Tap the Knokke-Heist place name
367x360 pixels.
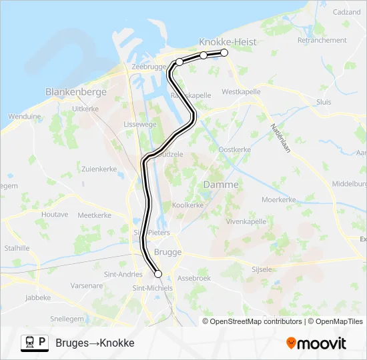tap(228, 41)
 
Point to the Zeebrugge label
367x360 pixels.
tap(148, 67)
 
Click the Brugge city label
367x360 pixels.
tap(167, 252)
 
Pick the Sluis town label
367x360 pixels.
tap(324, 102)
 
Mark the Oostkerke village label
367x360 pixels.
tap(234, 149)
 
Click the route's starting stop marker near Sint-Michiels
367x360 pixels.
tap(158, 273)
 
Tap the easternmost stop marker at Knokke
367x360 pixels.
tap(224, 53)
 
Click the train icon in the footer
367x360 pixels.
tap(29, 343)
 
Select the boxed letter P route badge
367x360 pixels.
tap(42, 342)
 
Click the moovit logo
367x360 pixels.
tap(316, 343)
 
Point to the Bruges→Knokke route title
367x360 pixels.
tap(95, 343)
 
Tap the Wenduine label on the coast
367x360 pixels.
tap(24, 116)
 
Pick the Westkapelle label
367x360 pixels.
tap(241, 91)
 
